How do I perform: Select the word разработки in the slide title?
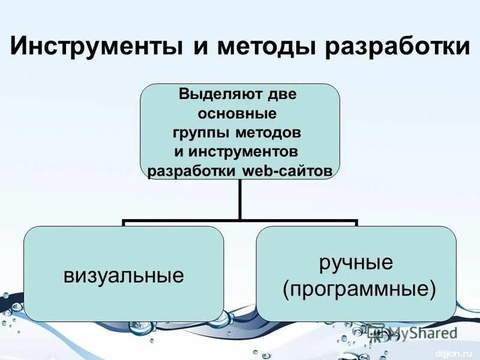(397, 47)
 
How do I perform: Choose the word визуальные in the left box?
(124, 276)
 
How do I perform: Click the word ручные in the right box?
(356, 262)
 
